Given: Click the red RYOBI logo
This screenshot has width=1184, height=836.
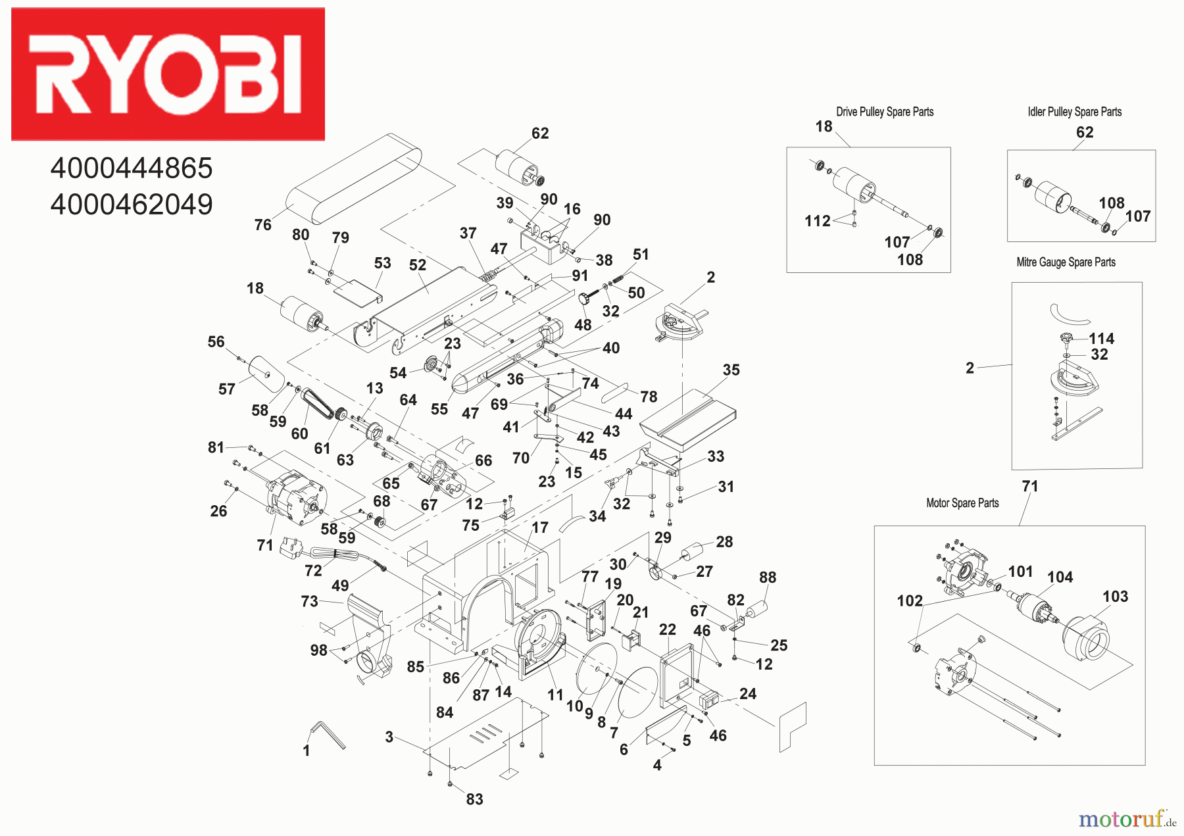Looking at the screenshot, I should click(168, 74).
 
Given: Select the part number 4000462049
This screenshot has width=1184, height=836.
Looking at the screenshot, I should click(132, 205).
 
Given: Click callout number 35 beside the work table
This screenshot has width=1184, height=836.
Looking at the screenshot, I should click(731, 370).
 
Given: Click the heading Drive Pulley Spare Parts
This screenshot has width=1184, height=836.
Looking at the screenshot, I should click(885, 112).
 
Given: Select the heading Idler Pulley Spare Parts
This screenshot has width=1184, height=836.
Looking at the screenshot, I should click(1074, 112).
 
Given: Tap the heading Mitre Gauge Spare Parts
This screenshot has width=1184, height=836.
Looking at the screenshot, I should click(1066, 262).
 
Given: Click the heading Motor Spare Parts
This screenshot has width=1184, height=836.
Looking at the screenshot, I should click(962, 503).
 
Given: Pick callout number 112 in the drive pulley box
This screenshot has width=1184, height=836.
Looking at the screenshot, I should click(817, 221).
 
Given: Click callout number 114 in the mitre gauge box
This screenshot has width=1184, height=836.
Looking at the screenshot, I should click(1101, 339).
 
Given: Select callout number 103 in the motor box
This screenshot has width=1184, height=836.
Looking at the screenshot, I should click(1115, 597).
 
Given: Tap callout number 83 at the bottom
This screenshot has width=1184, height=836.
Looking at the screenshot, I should click(474, 799).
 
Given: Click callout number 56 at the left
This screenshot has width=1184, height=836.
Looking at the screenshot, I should click(216, 342).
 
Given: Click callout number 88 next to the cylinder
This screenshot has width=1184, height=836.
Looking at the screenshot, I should click(767, 578).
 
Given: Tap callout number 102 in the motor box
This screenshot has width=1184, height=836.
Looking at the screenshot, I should click(910, 601).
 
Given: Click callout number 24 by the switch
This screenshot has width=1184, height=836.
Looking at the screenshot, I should click(748, 694).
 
